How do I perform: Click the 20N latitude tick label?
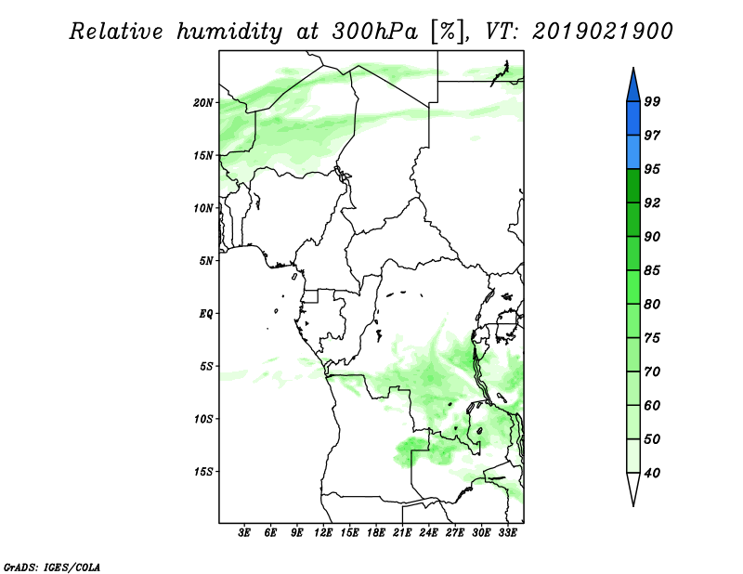[x=202, y=102]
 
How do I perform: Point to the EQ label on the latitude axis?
[x=206, y=313]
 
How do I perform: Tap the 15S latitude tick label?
[x=202, y=472]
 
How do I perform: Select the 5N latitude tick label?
[x=206, y=261]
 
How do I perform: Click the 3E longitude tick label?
[x=244, y=533]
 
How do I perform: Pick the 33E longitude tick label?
[x=507, y=533]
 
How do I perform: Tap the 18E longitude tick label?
[x=376, y=533]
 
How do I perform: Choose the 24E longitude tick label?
[x=428, y=533]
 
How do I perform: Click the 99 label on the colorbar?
[x=652, y=101]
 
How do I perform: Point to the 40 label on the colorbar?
[x=652, y=473]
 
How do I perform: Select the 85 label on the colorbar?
[x=652, y=270]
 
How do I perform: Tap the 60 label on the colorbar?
[x=652, y=405]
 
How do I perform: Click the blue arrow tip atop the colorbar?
[x=633, y=68]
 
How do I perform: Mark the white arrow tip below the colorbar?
[x=633, y=505]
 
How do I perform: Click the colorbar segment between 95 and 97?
[x=633, y=152]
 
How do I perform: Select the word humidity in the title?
[x=229, y=32]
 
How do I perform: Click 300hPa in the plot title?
[x=375, y=32]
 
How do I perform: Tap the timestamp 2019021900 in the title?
[x=602, y=32]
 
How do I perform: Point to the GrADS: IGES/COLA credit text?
[x=52, y=567]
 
